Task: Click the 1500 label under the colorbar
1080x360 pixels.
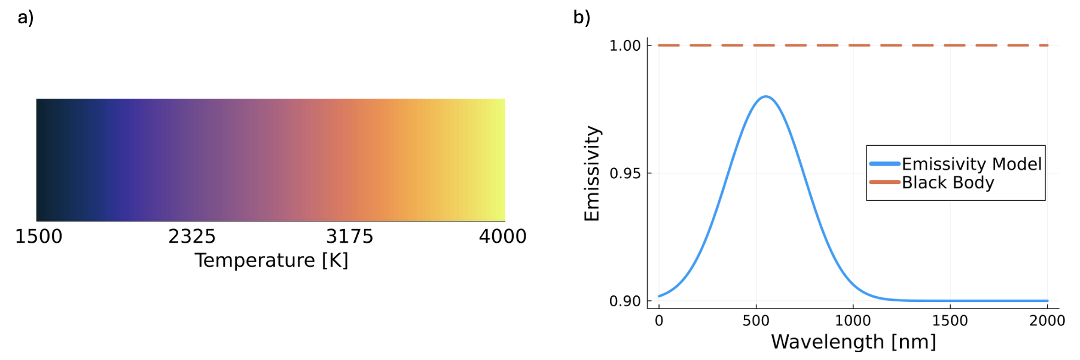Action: (38, 237)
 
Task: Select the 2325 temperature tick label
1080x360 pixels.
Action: (191, 237)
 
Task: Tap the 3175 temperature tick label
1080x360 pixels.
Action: (349, 237)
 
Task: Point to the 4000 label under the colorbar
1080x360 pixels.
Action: (502, 237)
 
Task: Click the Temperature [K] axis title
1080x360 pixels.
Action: (271, 261)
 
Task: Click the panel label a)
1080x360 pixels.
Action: (26, 17)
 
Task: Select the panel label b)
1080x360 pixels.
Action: (581, 17)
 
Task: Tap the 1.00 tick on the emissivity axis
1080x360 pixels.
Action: (625, 46)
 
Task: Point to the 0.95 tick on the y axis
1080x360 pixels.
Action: (625, 174)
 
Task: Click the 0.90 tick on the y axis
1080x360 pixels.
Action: (625, 301)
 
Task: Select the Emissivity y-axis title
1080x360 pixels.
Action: (592, 173)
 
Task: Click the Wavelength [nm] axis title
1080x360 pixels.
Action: (853, 342)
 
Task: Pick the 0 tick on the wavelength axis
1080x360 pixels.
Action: (659, 321)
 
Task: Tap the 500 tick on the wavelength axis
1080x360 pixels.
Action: (756, 321)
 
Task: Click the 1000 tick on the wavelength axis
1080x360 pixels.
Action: (853, 321)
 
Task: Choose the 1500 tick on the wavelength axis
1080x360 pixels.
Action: (950, 321)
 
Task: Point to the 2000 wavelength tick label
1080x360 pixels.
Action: (1047, 321)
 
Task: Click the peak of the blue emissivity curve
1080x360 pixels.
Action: (765, 96)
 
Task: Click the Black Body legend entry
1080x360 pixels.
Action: (948, 182)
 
